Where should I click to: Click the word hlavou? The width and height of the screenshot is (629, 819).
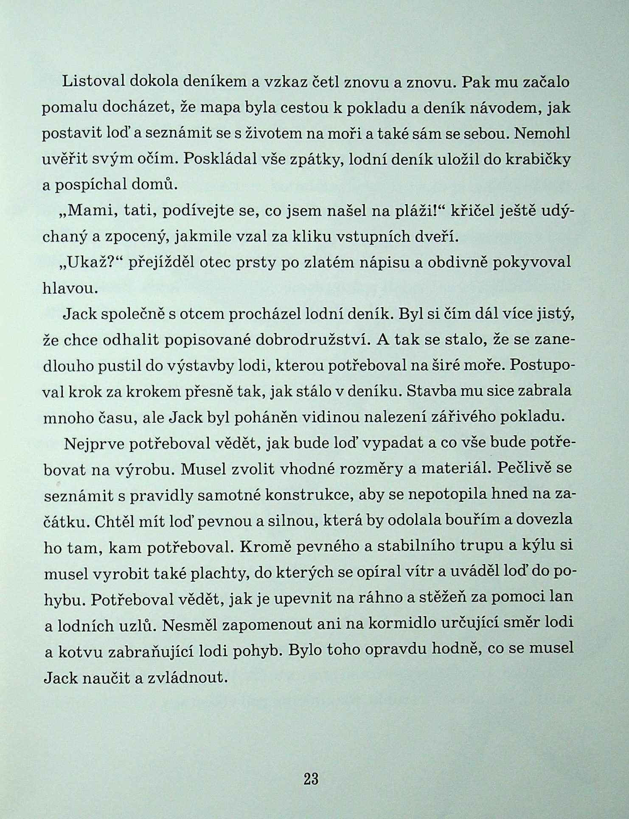[x=70, y=288]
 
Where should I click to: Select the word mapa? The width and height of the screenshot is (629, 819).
[x=221, y=108]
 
